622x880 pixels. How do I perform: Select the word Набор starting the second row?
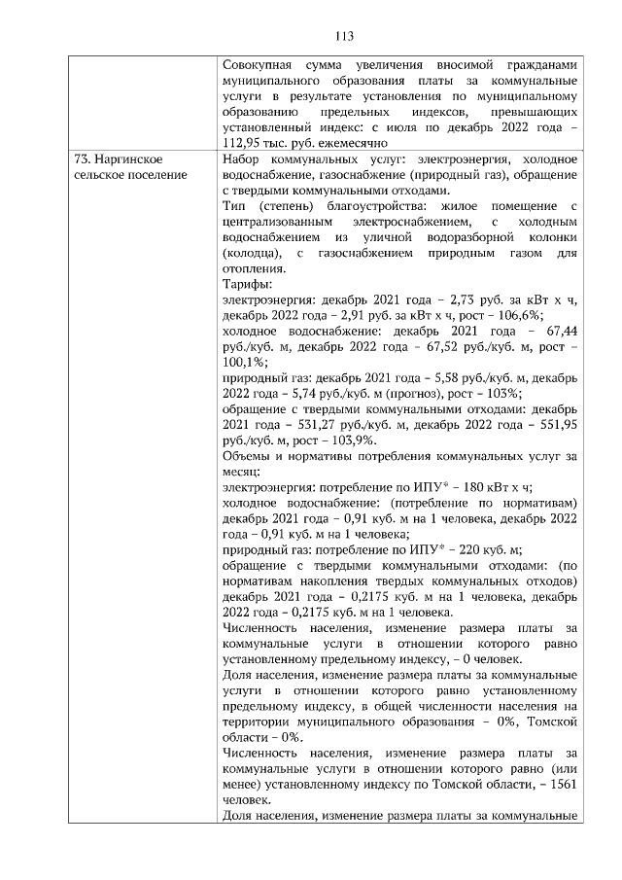[241, 158]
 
